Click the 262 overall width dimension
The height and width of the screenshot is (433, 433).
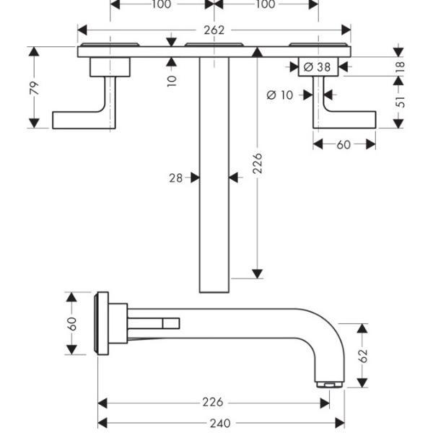(x=214, y=30)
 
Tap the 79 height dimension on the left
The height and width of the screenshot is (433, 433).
(x=34, y=88)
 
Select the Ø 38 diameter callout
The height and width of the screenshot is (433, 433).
(x=317, y=67)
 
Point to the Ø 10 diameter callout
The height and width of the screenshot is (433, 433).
(x=280, y=95)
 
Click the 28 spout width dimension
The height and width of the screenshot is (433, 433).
(x=176, y=178)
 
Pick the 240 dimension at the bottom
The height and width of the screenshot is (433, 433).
(x=220, y=423)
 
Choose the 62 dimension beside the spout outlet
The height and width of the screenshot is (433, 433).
(x=363, y=356)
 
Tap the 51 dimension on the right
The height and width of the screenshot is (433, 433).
(x=400, y=102)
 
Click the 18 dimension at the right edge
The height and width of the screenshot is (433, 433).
(x=400, y=66)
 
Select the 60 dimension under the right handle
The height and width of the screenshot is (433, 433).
(x=344, y=145)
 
